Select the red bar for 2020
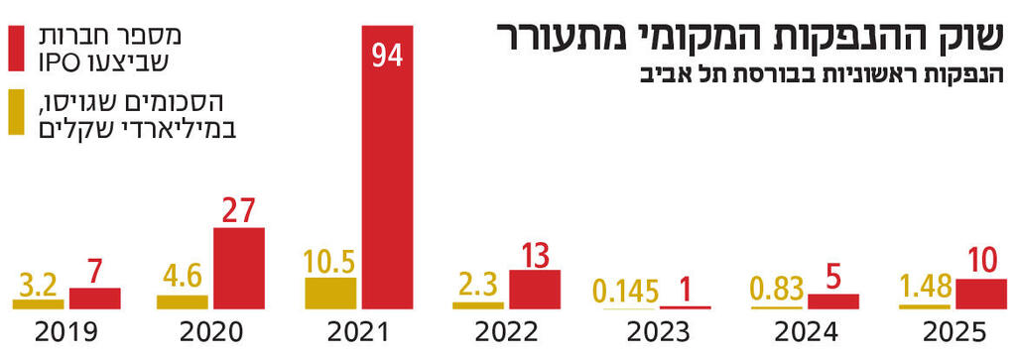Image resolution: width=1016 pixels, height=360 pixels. [239, 268]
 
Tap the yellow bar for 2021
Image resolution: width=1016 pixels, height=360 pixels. [329, 293]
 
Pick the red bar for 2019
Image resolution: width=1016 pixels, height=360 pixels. [94, 298]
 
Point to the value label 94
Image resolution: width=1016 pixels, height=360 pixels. [387, 54]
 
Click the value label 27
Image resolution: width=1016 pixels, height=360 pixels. [239, 211]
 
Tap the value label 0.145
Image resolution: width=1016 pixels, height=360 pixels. [626, 292]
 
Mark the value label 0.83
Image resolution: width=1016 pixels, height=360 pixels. [776, 290]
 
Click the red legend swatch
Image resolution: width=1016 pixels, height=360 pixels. [17, 51]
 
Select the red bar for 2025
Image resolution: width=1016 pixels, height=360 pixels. [980, 294]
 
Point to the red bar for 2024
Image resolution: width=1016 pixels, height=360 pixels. [832, 300]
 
